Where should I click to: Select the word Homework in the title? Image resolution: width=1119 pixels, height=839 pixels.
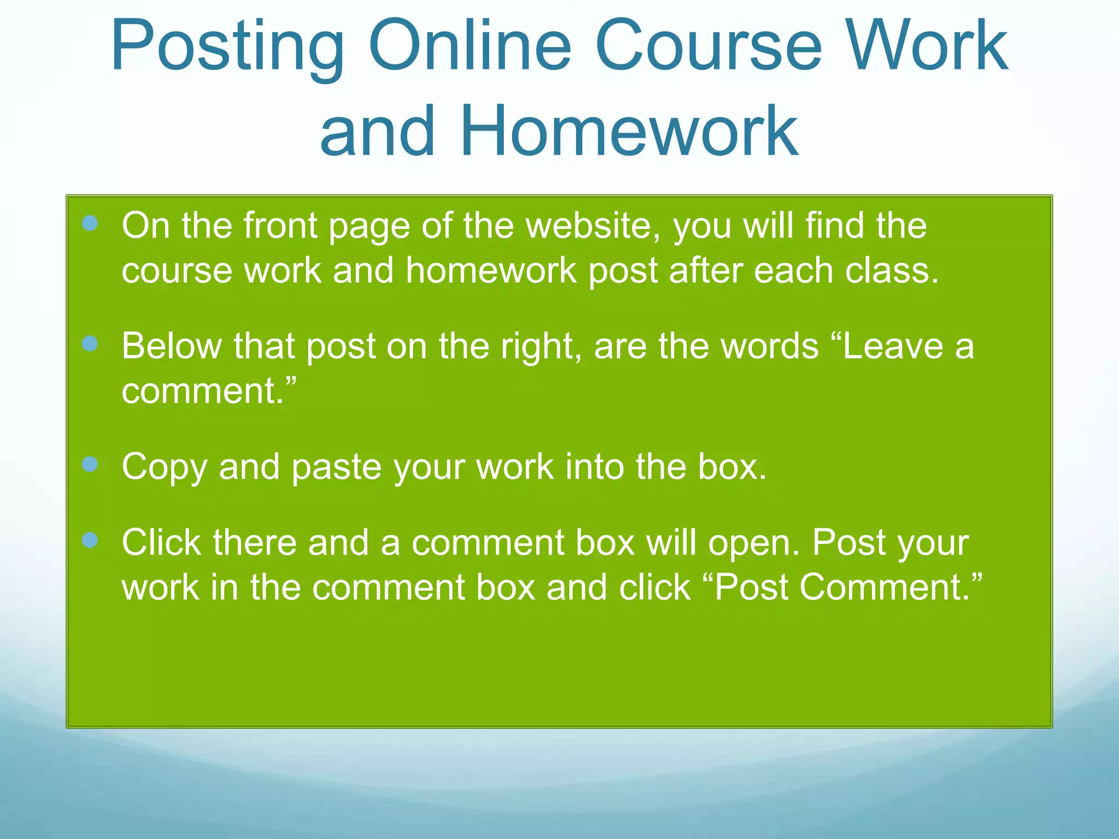tap(629, 131)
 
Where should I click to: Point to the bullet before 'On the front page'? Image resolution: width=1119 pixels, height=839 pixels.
tap(90, 223)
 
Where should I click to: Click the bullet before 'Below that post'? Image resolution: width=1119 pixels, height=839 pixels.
tap(90, 344)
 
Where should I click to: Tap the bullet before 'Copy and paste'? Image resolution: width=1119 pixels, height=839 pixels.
tap(90, 464)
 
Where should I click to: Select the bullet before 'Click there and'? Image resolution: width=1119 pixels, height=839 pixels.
tap(90, 540)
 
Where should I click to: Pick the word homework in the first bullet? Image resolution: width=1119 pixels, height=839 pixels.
tap(491, 270)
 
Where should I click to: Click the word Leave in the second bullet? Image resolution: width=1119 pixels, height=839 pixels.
tap(893, 346)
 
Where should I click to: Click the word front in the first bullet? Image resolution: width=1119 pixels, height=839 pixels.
tap(281, 226)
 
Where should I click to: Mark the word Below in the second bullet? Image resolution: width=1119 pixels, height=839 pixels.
tap(172, 346)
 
